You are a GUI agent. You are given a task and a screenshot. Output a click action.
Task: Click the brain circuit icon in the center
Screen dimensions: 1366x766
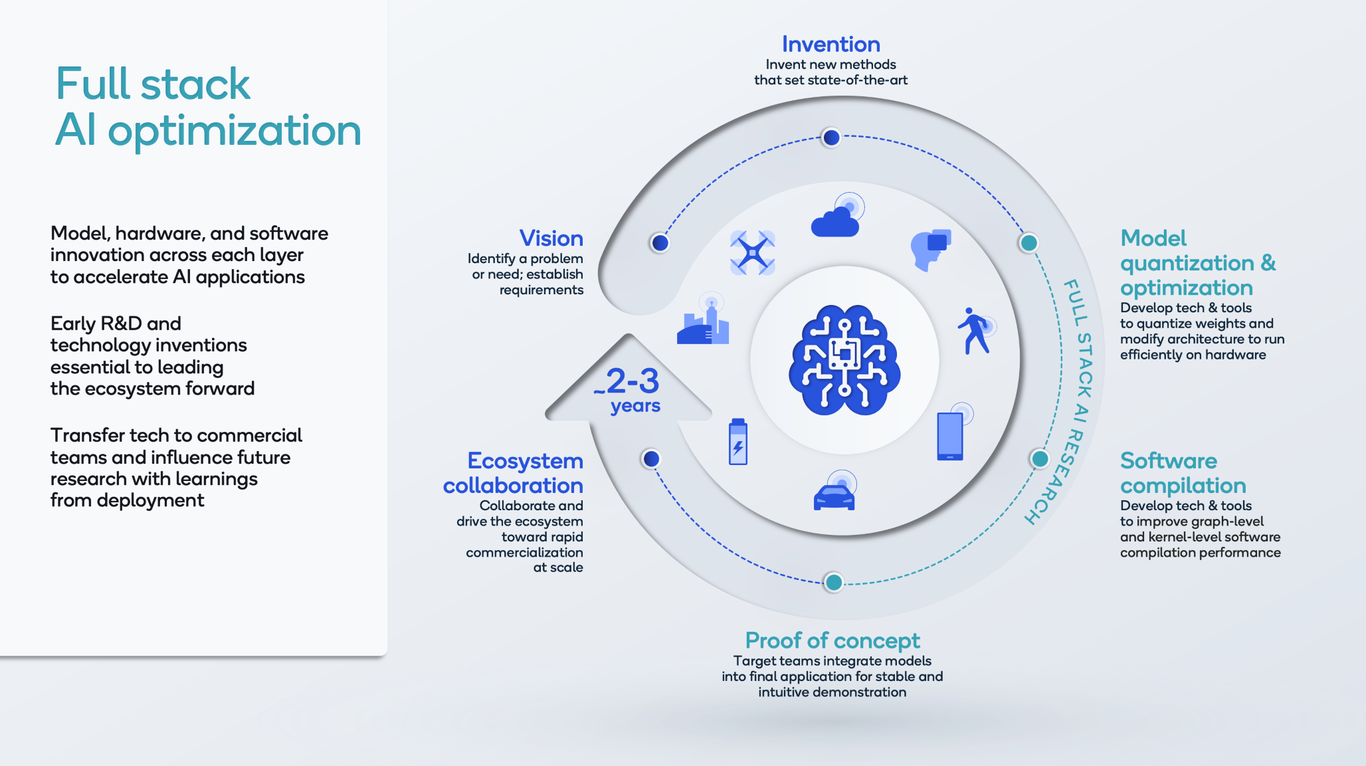[x=844, y=360]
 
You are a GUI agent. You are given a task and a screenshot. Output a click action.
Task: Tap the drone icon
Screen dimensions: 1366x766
[x=753, y=252]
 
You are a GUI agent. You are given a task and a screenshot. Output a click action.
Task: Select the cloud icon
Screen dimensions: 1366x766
[x=837, y=215]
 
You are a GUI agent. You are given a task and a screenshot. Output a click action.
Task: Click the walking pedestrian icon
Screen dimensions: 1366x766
[x=976, y=330]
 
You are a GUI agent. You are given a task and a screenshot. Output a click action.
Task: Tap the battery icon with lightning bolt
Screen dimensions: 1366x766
[x=738, y=441]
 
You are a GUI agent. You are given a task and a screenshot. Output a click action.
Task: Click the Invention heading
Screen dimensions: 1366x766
[x=830, y=44]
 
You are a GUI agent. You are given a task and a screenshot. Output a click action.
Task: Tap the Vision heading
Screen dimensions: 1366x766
[x=551, y=238]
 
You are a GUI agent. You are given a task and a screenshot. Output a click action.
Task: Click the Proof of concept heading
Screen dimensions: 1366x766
[x=832, y=640]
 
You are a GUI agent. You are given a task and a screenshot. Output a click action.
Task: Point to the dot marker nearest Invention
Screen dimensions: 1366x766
[x=830, y=138]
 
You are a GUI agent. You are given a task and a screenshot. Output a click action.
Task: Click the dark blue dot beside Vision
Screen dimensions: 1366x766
[x=660, y=242]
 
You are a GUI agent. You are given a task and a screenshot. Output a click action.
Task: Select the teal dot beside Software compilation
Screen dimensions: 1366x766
[x=1040, y=458]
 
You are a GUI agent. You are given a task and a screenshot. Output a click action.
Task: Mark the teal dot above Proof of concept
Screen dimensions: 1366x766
[x=833, y=583]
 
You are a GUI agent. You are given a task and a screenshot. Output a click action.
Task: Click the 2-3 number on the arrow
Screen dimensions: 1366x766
[x=633, y=381]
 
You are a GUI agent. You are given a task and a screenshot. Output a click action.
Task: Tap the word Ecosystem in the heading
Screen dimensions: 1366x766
[x=525, y=460]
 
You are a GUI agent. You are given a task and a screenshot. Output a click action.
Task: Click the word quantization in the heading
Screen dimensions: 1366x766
[x=1187, y=264]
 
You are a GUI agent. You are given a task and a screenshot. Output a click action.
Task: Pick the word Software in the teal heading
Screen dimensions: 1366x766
[x=1169, y=460]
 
